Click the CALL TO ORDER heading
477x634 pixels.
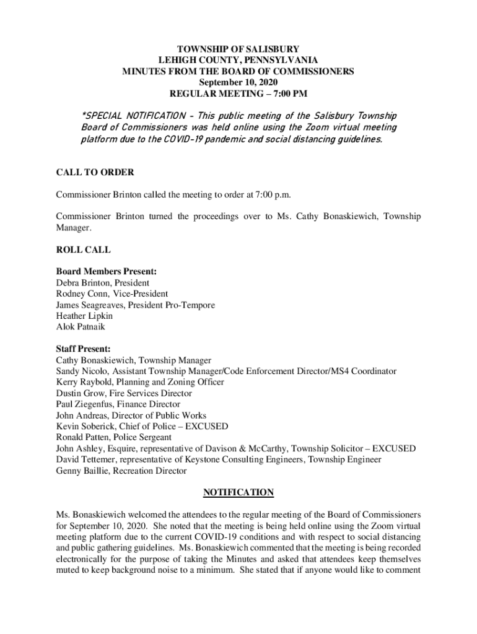95,172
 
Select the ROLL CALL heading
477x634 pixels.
83,250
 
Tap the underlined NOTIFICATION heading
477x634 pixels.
239,493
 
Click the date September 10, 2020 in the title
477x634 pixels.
239,83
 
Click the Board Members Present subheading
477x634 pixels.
106,271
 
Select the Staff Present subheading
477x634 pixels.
83,349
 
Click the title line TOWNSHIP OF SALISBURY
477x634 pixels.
239,49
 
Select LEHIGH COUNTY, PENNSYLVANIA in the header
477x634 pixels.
239,60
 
